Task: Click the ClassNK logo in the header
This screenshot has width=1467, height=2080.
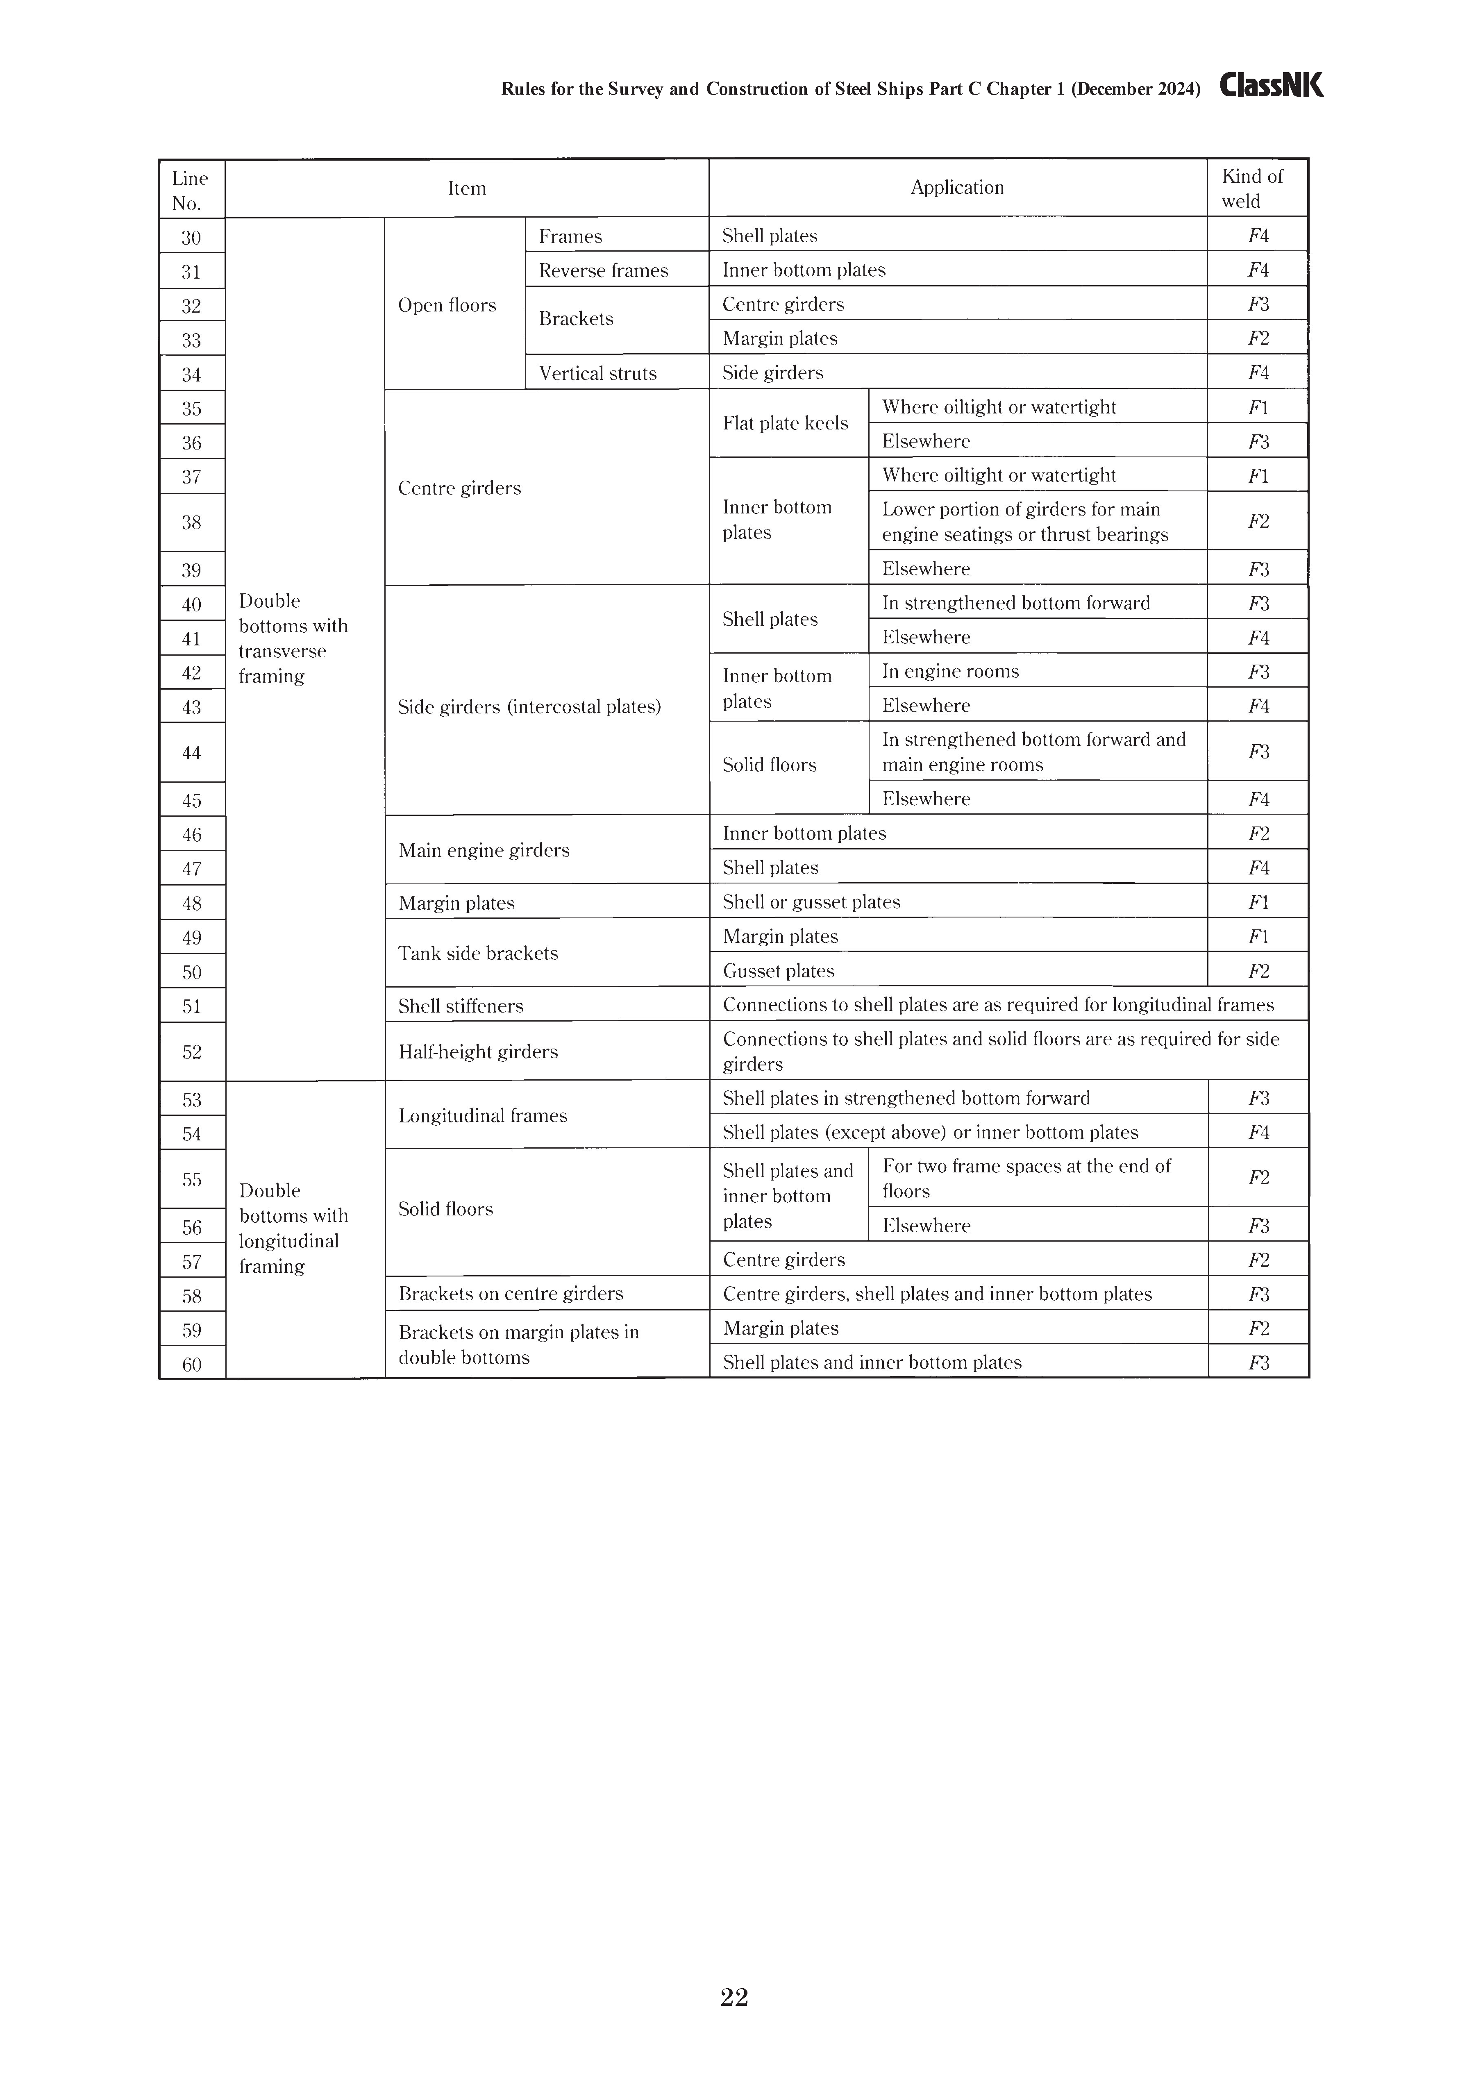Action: (x=1271, y=86)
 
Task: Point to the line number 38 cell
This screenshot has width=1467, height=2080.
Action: (x=191, y=523)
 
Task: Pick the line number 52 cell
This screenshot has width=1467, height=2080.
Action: (x=191, y=1052)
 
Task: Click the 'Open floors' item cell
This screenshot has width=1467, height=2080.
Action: (x=447, y=305)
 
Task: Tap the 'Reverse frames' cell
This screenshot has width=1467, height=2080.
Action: (x=604, y=271)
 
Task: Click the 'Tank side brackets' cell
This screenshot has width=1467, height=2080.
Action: (x=479, y=953)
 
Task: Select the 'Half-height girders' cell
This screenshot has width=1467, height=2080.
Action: (x=479, y=1052)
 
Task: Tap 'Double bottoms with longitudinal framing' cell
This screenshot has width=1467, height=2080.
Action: (x=293, y=1228)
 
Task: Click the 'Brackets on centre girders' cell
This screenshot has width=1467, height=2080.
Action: (x=511, y=1294)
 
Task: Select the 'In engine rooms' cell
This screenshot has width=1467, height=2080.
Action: (x=951, y=671)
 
